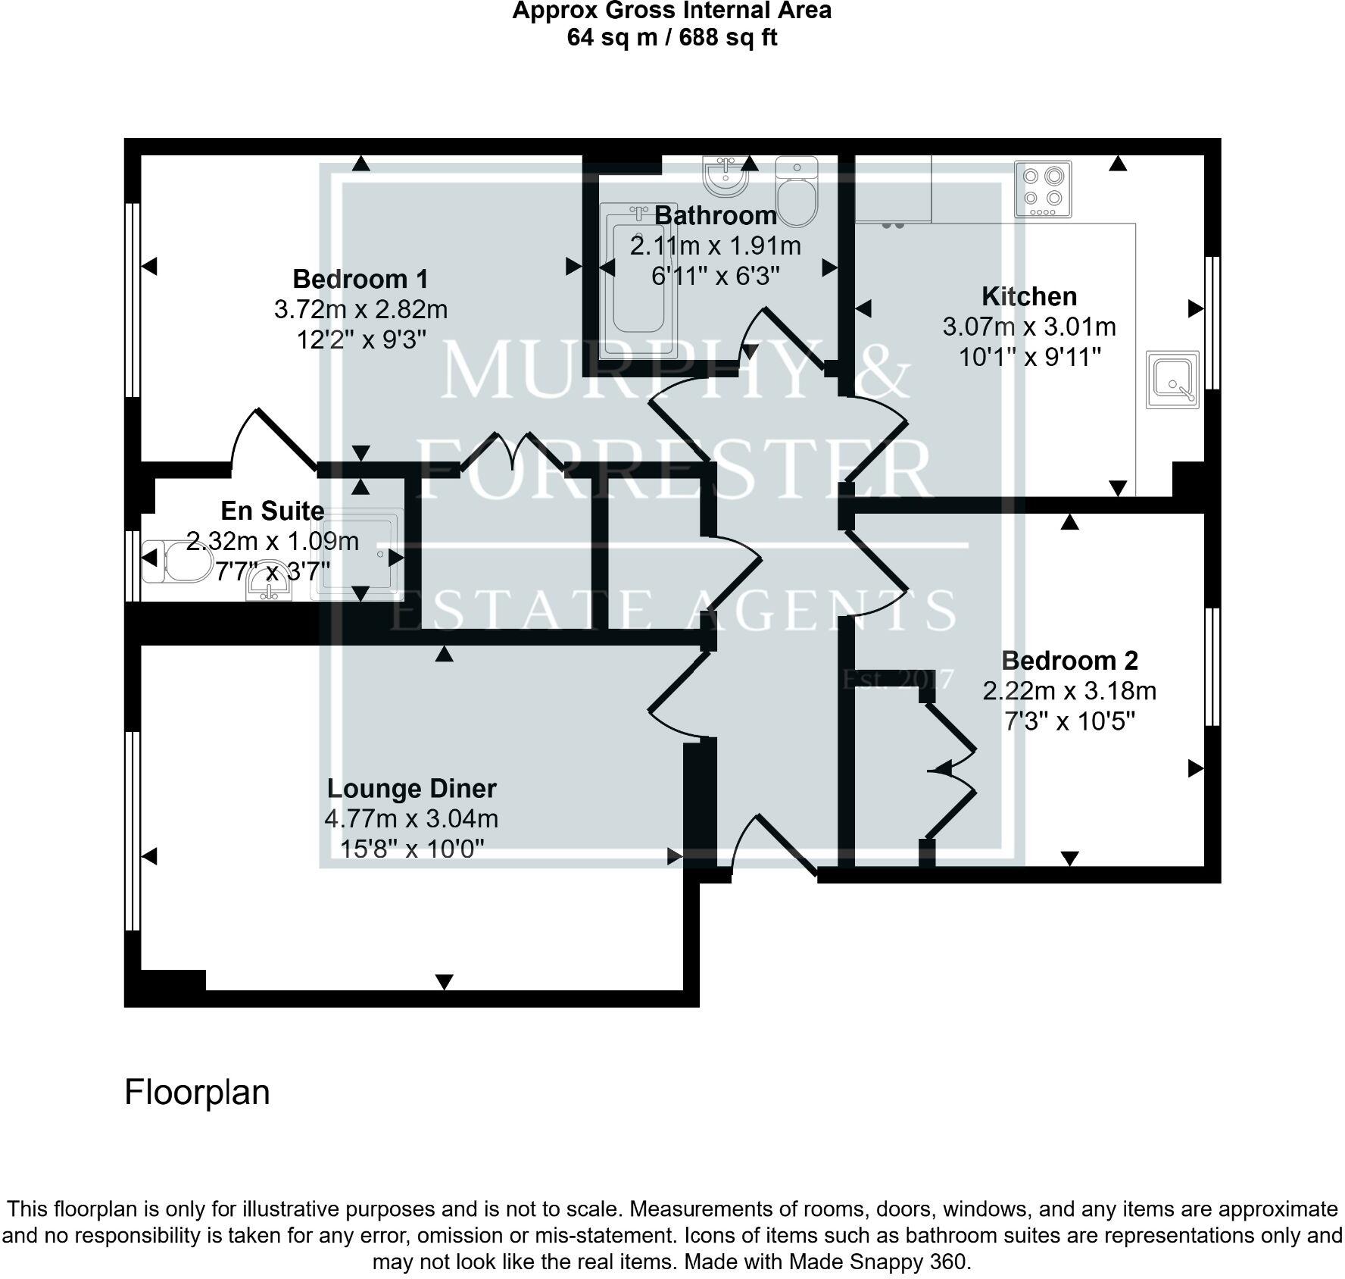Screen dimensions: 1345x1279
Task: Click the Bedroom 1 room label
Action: click(360, 279)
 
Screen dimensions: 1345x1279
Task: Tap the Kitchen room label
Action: click(1029, 296)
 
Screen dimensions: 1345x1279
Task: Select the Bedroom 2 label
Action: click(1069, 661)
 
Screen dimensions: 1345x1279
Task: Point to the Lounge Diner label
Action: click(411, 788)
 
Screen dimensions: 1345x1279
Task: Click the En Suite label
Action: click(273, 511)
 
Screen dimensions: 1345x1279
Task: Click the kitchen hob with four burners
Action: click(1043, 189)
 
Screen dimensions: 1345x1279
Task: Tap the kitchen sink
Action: click(1172, 379)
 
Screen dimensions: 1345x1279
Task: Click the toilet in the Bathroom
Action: click(797, 192)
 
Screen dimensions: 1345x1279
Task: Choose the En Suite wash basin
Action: click(270, 586)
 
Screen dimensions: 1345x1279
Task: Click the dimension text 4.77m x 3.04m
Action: click(411, 819)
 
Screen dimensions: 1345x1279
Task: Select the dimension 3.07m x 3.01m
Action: click(1029, 327)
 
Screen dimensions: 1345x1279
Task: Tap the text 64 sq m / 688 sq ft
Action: click(672, 38)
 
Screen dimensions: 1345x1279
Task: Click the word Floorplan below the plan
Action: click(197, 1093)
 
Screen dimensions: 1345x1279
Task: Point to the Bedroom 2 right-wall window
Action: click(1212, 667)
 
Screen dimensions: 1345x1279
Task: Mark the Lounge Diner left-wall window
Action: click(133, 830)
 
